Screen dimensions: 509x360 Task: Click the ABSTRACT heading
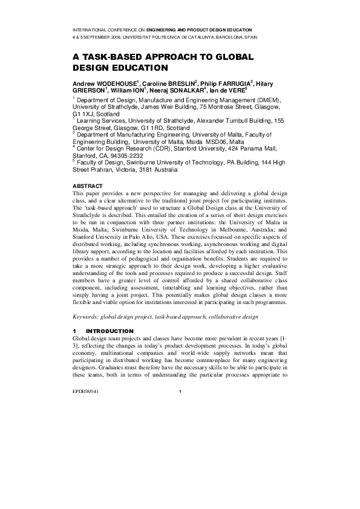(x=87, y=185)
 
